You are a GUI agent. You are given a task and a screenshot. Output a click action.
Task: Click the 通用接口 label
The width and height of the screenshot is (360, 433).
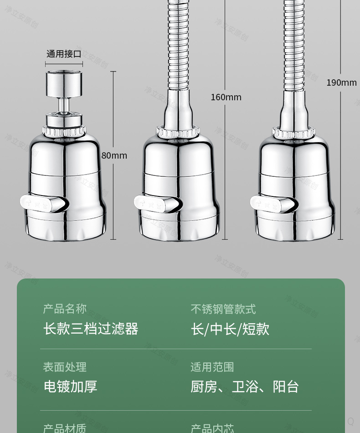tap(64, 54)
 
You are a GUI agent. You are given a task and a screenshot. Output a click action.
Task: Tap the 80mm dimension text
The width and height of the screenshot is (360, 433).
tap(114, 155)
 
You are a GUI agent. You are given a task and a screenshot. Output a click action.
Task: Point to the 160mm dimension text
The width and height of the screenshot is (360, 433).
tap(226, 97)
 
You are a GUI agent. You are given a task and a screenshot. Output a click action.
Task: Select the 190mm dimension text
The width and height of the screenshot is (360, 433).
tap(341, 82)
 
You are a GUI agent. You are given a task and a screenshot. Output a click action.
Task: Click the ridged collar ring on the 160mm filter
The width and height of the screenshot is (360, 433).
tap(178, 132)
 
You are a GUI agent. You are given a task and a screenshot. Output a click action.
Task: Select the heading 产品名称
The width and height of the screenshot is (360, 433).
tap(65, 309)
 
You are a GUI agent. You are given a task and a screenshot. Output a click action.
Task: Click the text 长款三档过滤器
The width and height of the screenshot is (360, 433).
tap(91, 329)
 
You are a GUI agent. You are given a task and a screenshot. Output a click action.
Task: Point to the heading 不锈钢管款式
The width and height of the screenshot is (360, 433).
tap(223, 309)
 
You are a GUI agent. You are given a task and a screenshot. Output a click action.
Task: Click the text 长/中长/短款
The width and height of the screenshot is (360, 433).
tap(230, 329)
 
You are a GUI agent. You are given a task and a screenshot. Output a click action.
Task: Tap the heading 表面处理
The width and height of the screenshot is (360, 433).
tap(65, 367)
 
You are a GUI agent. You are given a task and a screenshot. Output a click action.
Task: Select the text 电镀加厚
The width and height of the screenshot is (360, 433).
tap(71, 387)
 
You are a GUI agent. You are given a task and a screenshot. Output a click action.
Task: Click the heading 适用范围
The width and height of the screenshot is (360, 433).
tap(212, 367)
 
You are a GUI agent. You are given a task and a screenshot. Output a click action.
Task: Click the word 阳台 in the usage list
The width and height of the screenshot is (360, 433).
tap(286, 387)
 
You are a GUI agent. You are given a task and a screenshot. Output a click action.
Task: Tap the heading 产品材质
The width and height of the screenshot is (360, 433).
tap(65, 428)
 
